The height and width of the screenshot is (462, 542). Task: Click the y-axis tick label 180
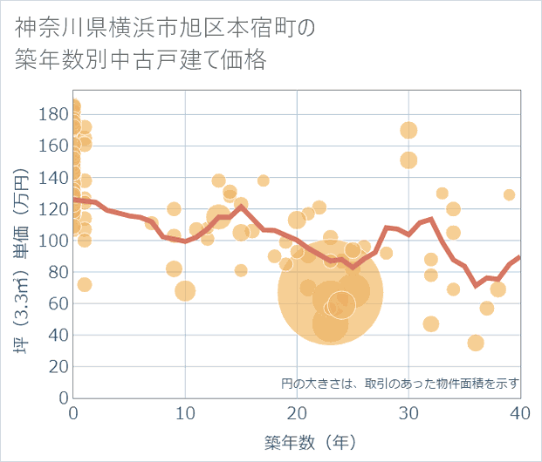tap(55, 114)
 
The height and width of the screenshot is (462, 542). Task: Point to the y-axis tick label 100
tap(55, 241)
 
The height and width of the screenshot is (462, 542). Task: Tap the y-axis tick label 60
tap(58, 303)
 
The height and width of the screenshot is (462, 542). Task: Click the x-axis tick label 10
tap(185, 413)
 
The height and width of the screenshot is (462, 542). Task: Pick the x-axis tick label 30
tap(408, 413)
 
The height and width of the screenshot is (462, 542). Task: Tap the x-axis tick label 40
tap(520, 413)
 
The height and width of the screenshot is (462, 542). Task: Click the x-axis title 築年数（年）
tap(297, 442)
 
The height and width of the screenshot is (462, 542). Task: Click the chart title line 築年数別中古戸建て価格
tap(141, 61)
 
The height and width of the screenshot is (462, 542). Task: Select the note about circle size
tap(401, 383)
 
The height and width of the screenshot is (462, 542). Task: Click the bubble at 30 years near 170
tap(408, 131)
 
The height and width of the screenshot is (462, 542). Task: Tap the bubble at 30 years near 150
tap(408, 160)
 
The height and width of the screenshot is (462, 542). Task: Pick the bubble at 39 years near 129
tap(509, 194)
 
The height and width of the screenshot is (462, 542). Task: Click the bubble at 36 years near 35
tap(476, 343)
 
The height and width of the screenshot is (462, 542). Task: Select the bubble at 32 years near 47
tap(431, 324)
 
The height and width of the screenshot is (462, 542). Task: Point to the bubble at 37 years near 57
tap(487, 308)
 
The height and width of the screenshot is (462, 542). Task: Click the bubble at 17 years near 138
tap(264, 180)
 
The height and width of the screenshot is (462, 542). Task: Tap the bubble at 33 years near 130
tap(443, 194)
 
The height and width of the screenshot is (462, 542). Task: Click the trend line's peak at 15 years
tap(241, 207)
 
